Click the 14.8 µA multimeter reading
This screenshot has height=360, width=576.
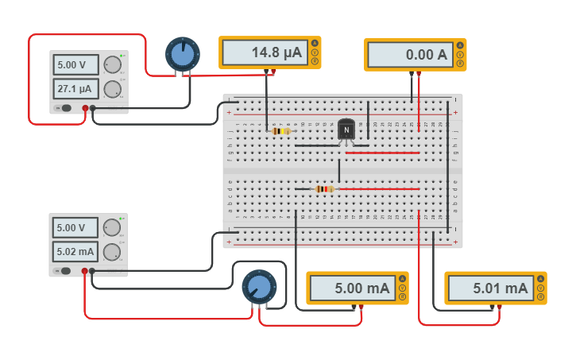click(265, 52)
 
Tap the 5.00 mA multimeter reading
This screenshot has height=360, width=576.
click(351, 288)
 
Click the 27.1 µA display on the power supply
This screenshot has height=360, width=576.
click(76, 89)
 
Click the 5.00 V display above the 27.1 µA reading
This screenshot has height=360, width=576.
click(76, 64)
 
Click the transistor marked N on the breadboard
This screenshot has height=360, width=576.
click(346, 130)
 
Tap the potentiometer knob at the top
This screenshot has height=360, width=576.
click(183, 54)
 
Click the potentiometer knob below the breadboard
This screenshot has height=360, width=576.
click(258, 287)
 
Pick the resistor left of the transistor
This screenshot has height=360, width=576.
click(280, 131)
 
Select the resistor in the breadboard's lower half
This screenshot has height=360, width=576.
click(323, 189)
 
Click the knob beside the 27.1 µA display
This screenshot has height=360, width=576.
click(113, 89)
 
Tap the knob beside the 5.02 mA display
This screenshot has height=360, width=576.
click(112, 252)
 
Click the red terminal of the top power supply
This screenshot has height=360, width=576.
click(85, 108)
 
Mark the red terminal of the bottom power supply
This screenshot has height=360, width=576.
click(85, 271)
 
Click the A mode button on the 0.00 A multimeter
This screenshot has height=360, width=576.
click(460, 43)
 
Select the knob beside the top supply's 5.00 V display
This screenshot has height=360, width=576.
click(113, 64)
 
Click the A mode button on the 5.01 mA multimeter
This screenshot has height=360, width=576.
click(539, 278)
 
